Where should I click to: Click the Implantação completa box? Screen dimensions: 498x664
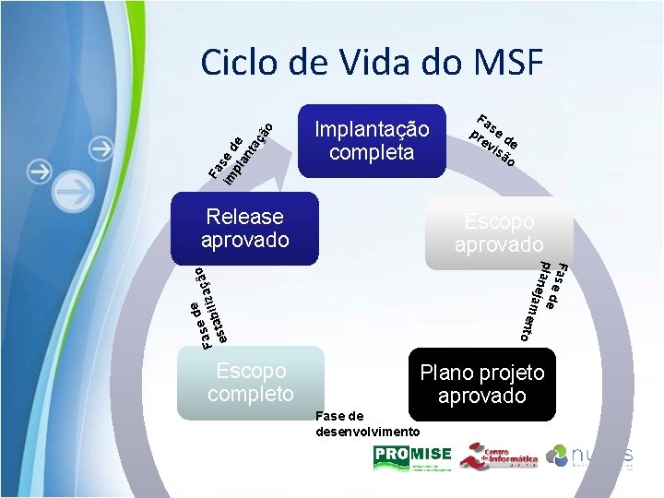click(372, 140)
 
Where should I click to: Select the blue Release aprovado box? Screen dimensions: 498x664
click(245, 228)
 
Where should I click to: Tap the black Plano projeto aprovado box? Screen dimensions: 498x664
click(482, 384)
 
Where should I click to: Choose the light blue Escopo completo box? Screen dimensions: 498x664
click(250, 382)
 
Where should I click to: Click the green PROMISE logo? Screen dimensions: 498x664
click(412, 456)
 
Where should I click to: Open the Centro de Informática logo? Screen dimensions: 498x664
click(498, 456)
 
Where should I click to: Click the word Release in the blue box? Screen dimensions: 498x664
click(245, 217)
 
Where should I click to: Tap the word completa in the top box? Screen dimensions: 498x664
click(372, 151)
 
